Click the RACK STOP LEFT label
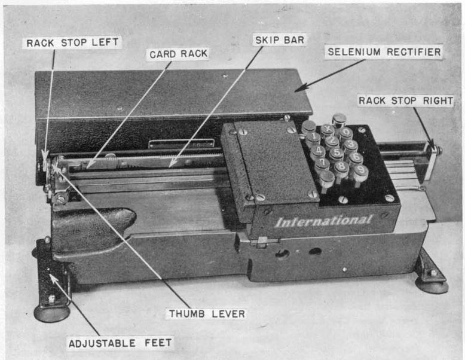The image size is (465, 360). (x=73, y=42)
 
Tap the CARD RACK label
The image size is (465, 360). (x=178, y=54)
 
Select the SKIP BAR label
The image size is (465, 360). (x=279, y=40)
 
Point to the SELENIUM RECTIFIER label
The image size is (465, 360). (x=384, y=52)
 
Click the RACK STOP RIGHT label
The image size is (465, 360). (x=405, y=100)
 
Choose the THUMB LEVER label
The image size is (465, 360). (x=206, y=313)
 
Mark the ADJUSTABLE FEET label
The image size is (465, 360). (x=120, y=343)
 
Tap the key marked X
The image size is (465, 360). (x=328, y=129)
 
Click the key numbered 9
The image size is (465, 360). (x=361, y=170)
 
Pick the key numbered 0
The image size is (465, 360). (x=345, y=132)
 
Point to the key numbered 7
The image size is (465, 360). (x=322, y=162)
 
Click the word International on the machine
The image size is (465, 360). (x=323, y=221)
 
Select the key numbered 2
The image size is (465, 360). (x=332, y=141)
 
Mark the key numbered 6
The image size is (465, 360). (x=356, y=157)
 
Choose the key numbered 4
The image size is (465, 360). (x=319, y=150)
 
